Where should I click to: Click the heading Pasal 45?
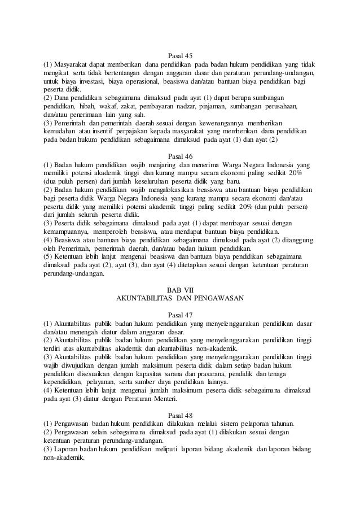point(180,55)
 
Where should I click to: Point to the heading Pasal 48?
point(180,412)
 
